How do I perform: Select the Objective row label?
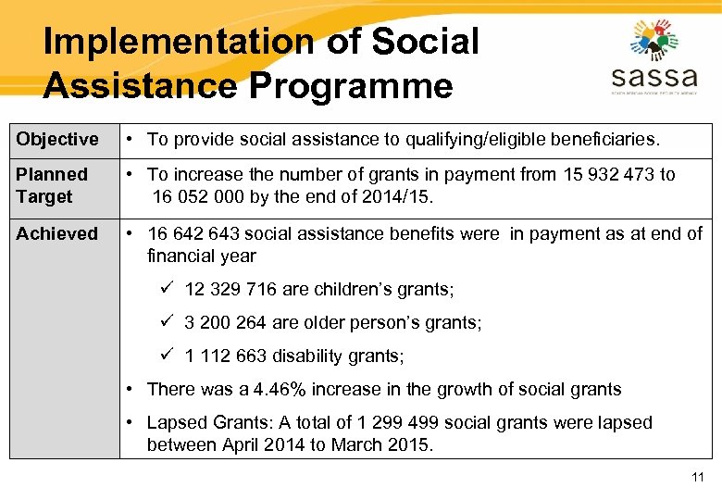coord(57,140)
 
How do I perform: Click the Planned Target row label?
coord(52,185)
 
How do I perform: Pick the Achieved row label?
coord(56,233)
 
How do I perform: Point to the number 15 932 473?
coord(608,174)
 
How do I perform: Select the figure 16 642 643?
coord(197,233)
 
